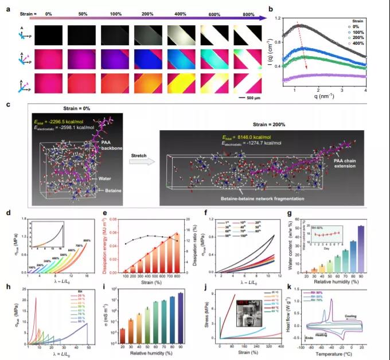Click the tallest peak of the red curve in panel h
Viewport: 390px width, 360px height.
36,297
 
